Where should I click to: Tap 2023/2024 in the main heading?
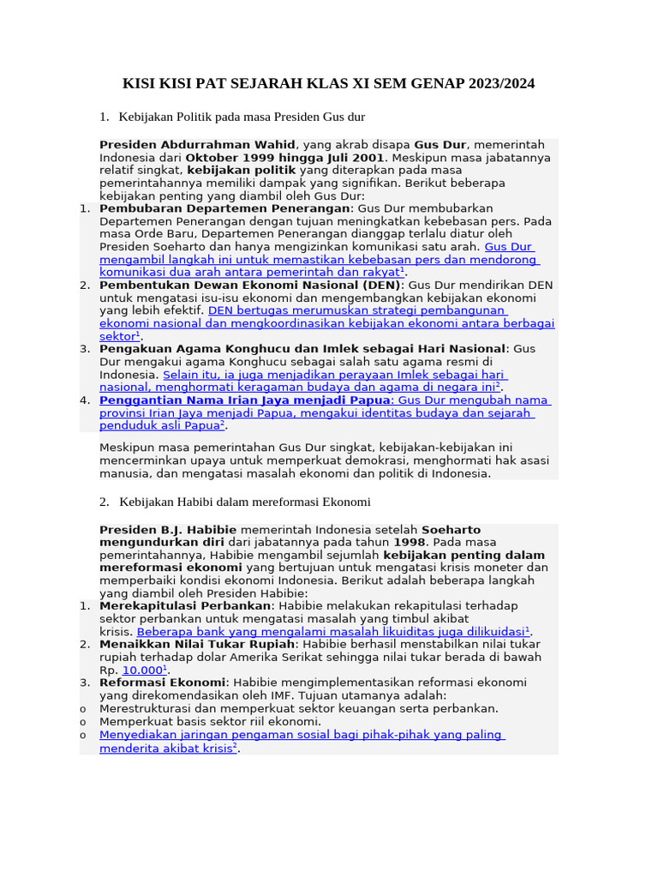tap(498, 83)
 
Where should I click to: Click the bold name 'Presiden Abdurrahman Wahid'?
tap(197, 145)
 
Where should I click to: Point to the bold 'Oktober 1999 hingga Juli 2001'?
tap(284, 158)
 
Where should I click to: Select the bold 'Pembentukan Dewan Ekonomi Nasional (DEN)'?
tap(249, 285)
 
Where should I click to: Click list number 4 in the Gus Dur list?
tap(84, 400)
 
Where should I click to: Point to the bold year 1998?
tap(409, 543)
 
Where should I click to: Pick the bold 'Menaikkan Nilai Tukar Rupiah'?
tap(197, 644)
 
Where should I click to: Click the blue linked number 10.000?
tap(142, 670)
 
